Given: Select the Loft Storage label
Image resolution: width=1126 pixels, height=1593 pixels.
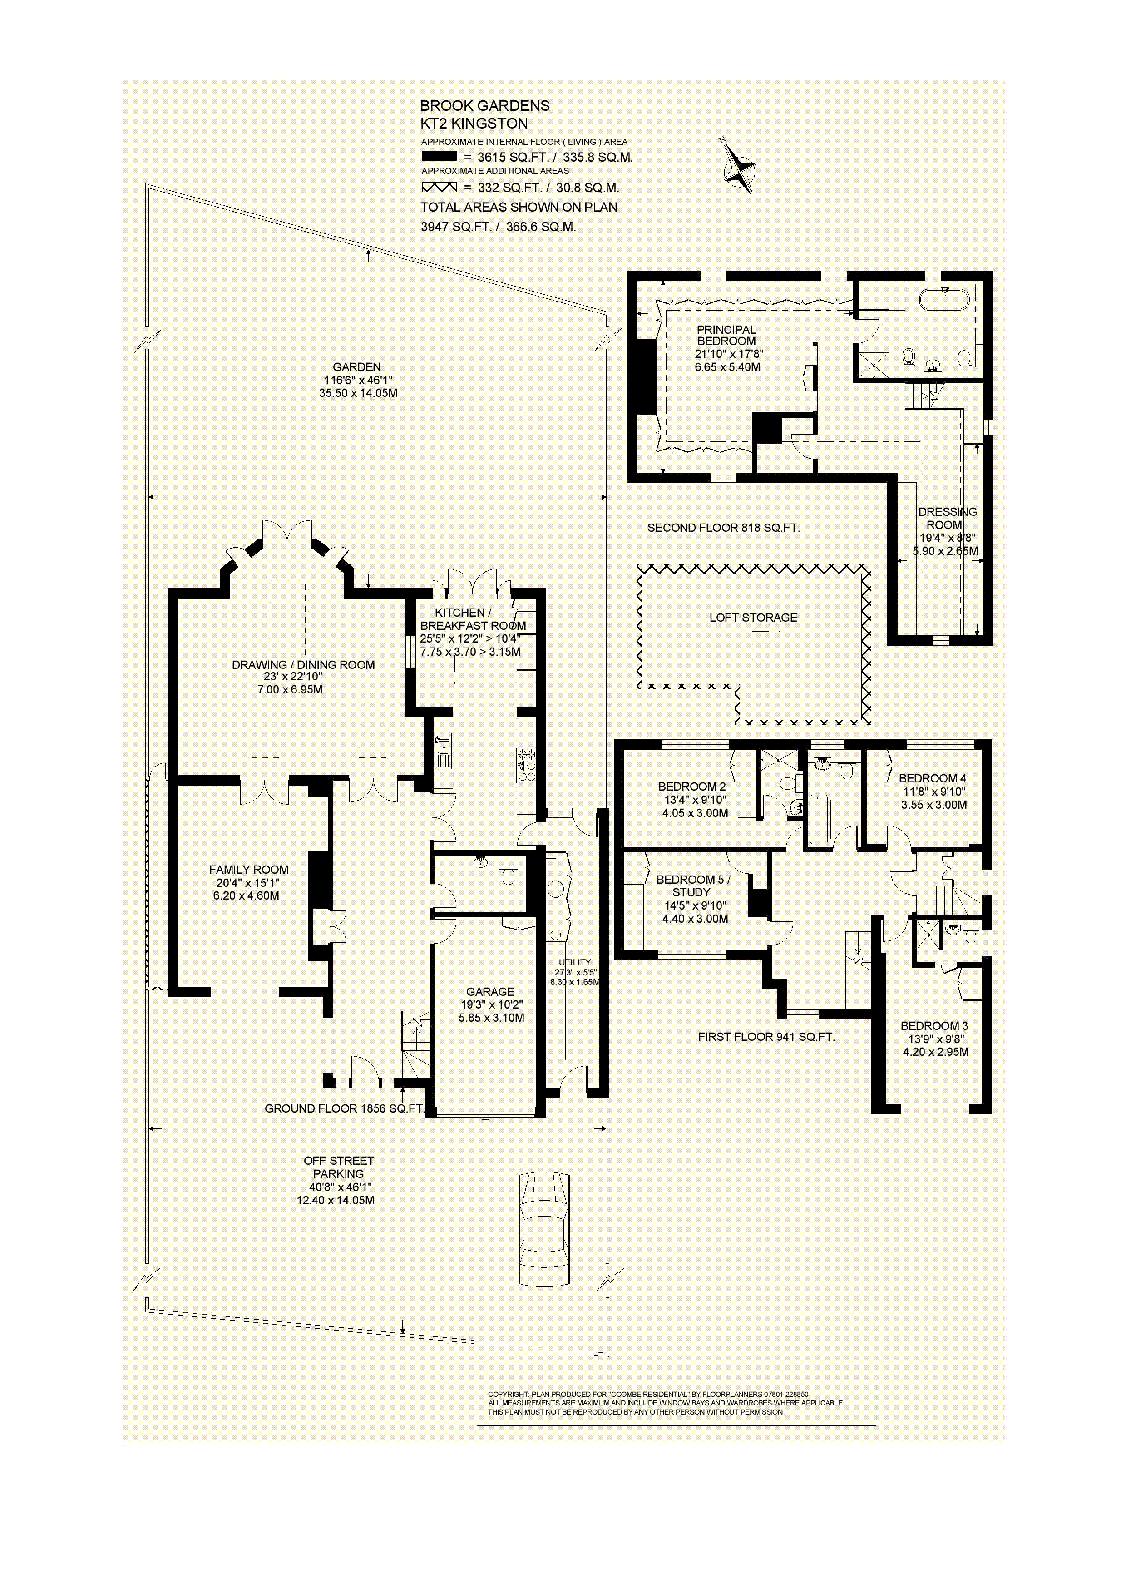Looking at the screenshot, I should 753,618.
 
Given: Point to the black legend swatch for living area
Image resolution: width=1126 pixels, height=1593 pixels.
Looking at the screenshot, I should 439,157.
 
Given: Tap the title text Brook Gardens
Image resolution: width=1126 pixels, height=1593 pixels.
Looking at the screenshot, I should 484,105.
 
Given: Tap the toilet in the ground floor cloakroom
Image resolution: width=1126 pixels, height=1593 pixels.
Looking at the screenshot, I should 509,878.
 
